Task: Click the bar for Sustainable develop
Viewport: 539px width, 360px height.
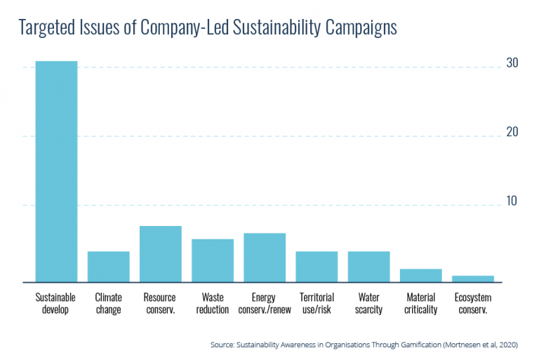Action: [x=56, y=171]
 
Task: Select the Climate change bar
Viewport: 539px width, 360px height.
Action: [x=108, y=266]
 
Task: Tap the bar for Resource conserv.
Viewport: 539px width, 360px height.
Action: [x=161, y=253]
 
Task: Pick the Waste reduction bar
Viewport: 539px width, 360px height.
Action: [x=213, y=260]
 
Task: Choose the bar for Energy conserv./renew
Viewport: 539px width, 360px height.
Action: [x=265, y=257]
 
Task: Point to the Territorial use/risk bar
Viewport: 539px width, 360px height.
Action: [x=317, y=266]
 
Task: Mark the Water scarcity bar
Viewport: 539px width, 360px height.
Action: [x=368, y=266]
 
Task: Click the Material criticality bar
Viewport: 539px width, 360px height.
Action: [x=421, y=274]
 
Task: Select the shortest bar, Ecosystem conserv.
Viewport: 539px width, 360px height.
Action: [x=472, y=278]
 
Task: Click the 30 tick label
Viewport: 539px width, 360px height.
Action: [x=512, y=63]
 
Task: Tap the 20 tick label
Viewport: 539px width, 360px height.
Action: [x=512, y=132]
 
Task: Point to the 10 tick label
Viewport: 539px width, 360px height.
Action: [x=512, y=201]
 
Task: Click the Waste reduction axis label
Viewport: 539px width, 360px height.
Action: [x=213, y=303]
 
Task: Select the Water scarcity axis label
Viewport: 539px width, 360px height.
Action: [x=368, y=303]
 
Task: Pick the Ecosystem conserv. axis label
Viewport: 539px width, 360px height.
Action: [x=472, y=303]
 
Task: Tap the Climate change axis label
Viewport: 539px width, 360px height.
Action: [x=108, y=303]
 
